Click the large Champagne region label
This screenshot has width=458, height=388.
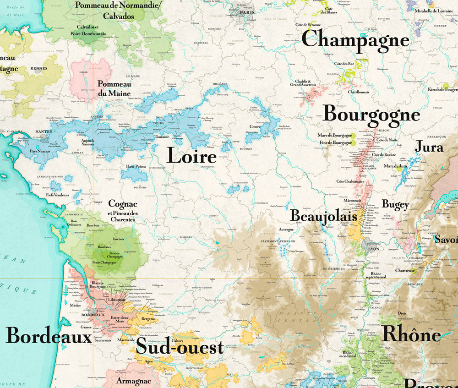click(355, 40)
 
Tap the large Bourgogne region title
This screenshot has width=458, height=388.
click(371, 115)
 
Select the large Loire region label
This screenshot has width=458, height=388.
click(191, 156)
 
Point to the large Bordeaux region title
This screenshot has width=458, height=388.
click(49, 336)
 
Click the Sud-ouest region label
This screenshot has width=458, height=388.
click(180, 348)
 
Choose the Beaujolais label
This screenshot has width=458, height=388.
click(323, 215)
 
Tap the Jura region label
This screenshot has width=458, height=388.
click(429, 147)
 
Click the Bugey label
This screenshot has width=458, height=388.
click(395, 204)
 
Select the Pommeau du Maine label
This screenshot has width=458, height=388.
click(114, 88)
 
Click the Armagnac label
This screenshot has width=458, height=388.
click(134, 381)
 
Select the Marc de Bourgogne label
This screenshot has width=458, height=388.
click(335, 136)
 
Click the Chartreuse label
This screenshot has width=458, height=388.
click(406, 271)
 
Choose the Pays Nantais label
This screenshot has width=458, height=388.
click(40, 151)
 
